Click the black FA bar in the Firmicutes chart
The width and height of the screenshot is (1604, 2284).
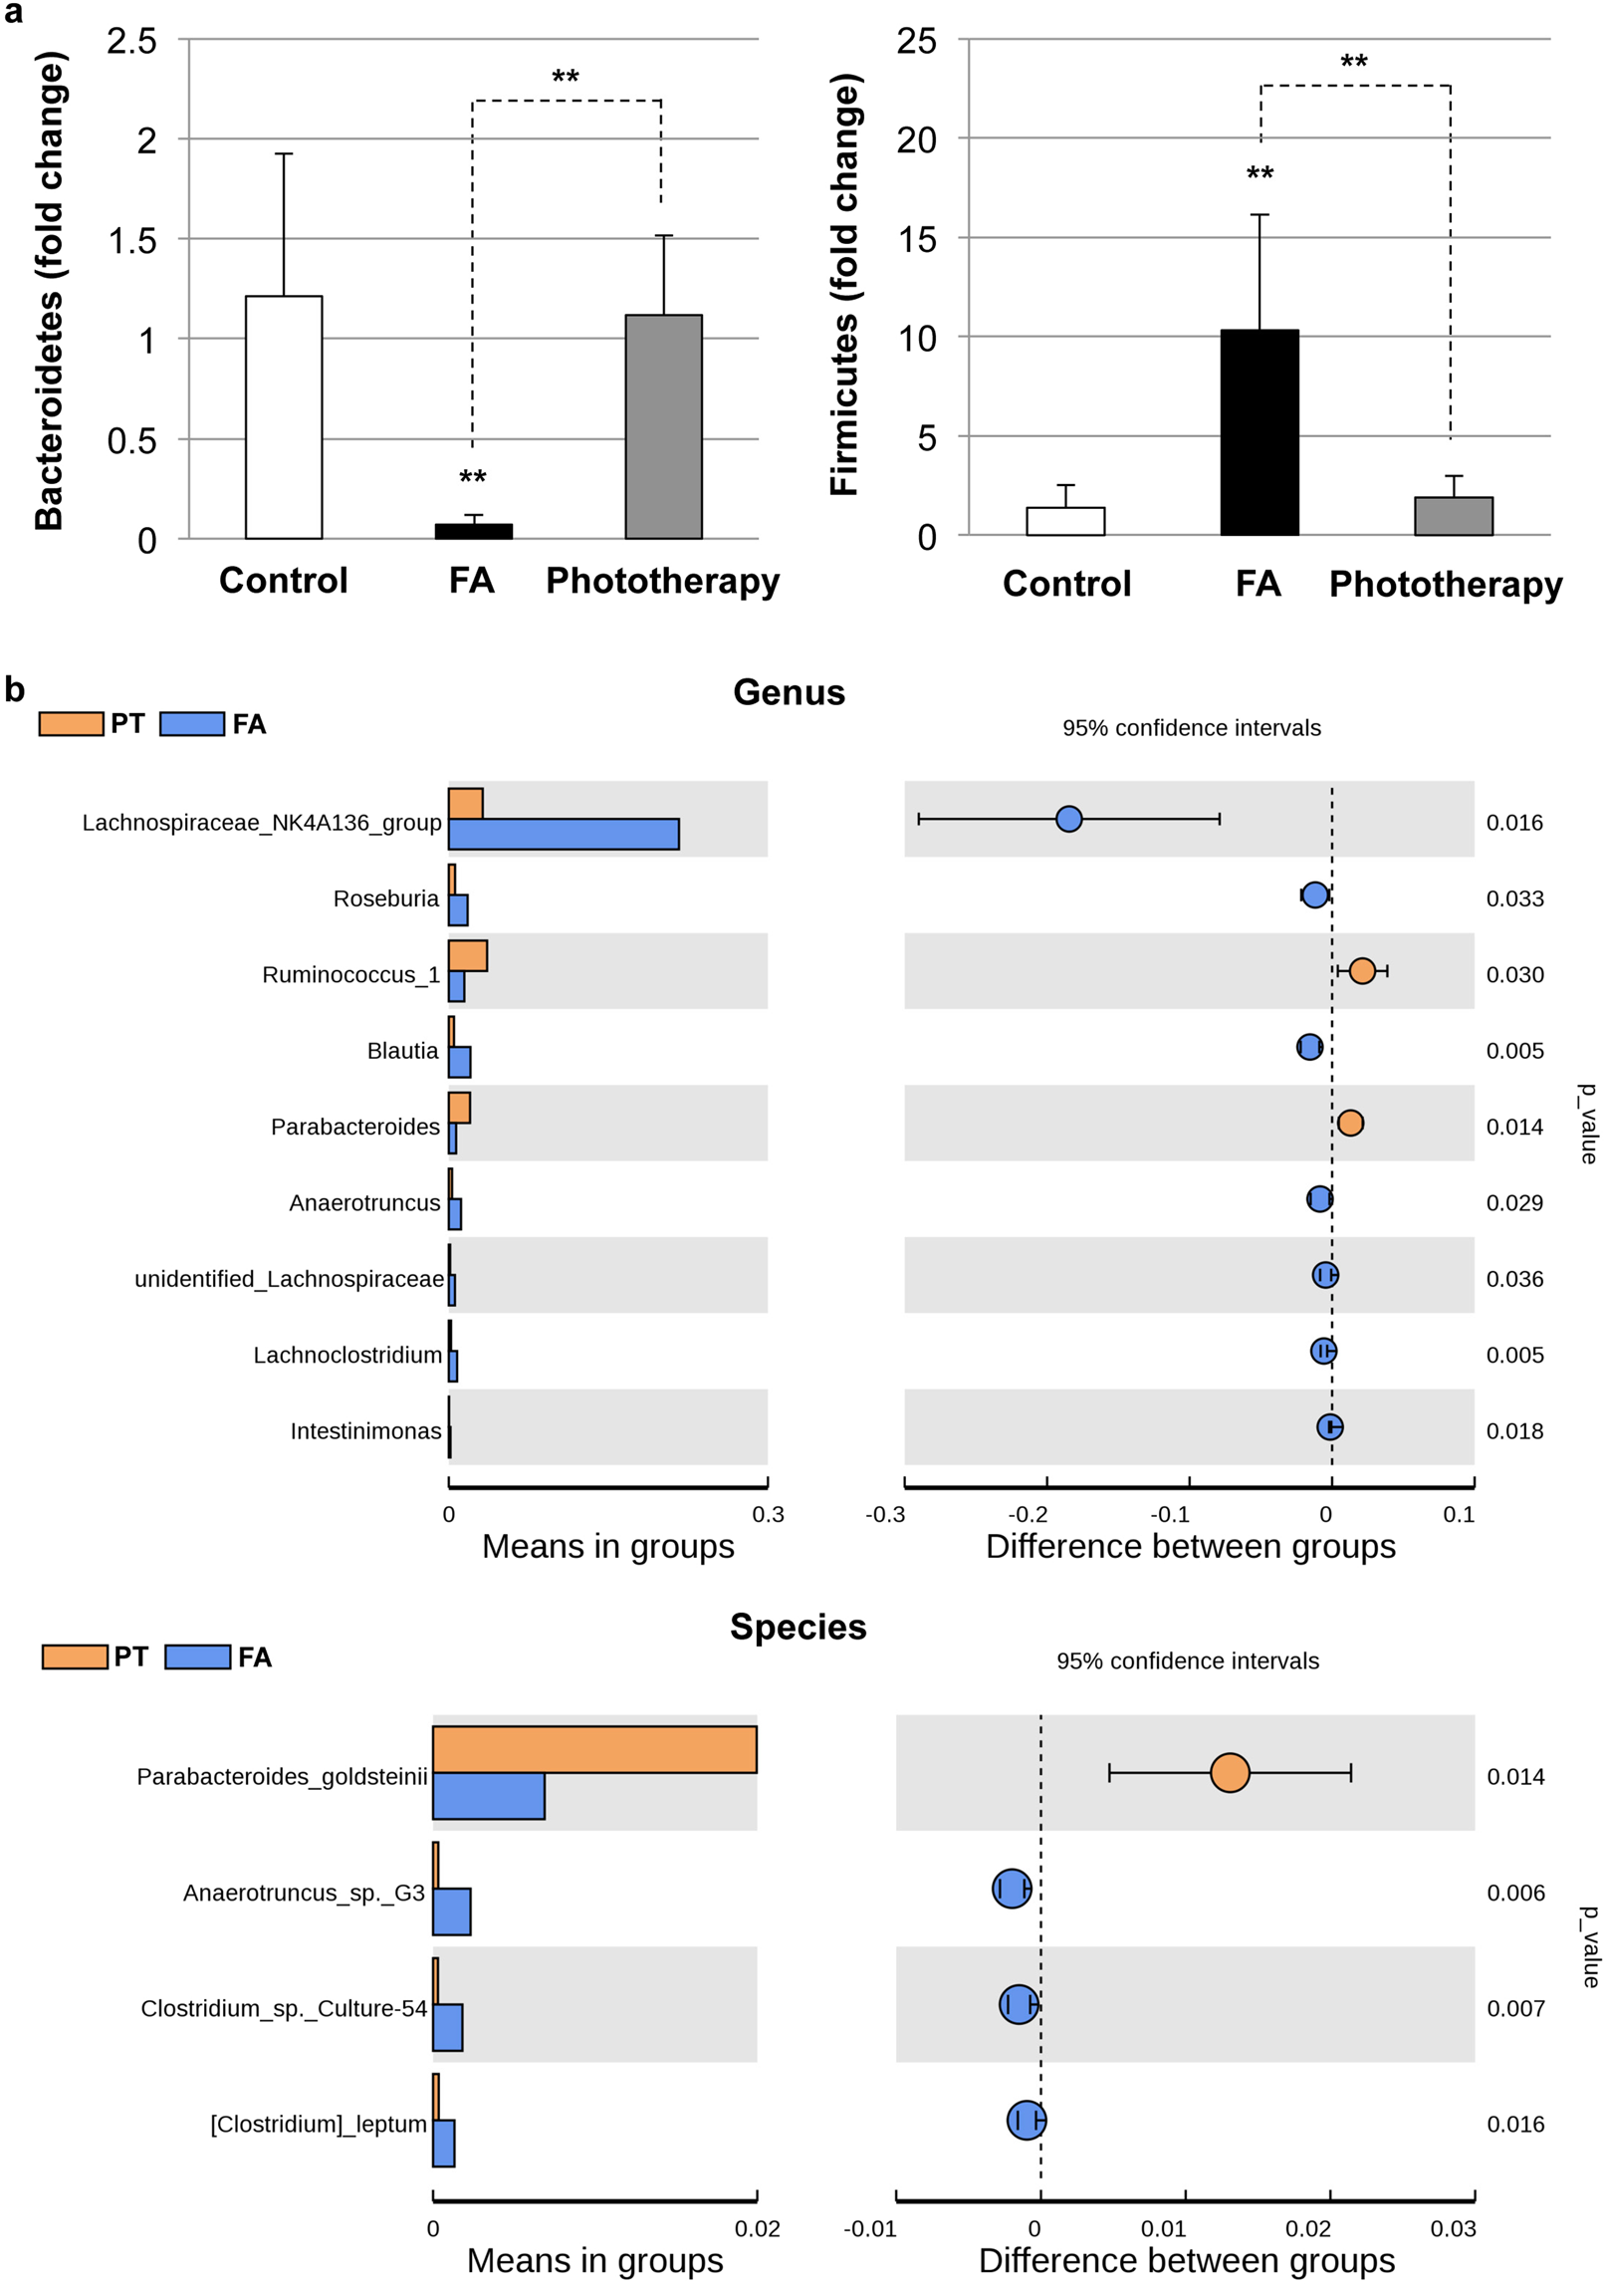coord(1259,432)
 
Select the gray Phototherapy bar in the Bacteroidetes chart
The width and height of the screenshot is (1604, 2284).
coord(663,426)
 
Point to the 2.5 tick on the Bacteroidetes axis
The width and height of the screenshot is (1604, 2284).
coord(132,41)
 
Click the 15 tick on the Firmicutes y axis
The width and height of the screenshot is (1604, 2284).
coord(916,239)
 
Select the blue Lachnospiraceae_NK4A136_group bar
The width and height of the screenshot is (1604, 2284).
coord(564,834)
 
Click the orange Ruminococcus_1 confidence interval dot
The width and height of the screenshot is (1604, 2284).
coord(1361,970)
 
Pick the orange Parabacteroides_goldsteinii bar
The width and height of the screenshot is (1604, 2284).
coord(594,1749)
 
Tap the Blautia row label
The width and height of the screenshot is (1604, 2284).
coord(402,1051)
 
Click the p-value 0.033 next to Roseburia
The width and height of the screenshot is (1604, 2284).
coord(1514,898)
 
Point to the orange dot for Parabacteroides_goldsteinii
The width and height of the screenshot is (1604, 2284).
coord(1230,1772)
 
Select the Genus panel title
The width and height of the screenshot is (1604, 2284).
coord(789,692)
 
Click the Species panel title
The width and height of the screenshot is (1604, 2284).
coord(798,1627)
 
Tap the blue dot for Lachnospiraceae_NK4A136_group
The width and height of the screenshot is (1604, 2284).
coord(1068,819)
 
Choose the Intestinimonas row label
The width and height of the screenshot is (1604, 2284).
coord(365,1431)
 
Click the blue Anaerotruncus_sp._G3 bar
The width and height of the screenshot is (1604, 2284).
coord(452,1911)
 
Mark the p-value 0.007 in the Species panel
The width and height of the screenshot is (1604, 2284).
coord(1515,2008)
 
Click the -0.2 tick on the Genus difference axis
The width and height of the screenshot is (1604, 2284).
coord(1028,1515)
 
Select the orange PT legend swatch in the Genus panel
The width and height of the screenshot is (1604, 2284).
coord(71,724)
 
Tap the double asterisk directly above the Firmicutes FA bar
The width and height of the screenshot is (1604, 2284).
coord(1260,174)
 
